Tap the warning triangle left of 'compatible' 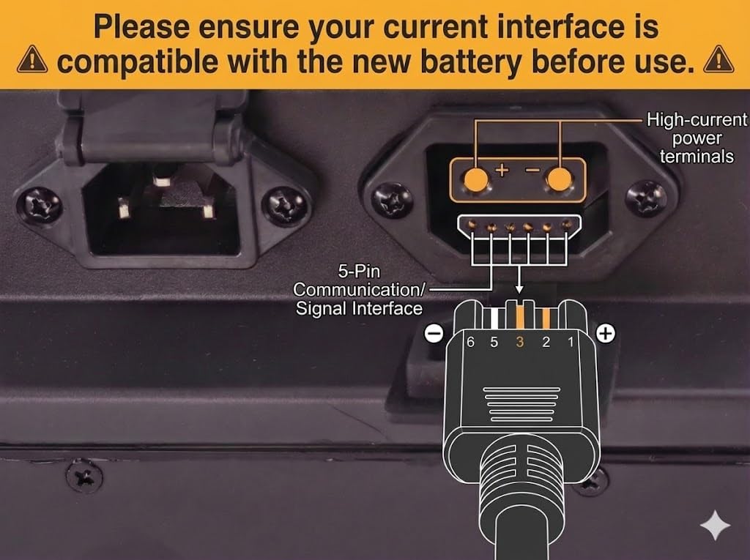click(x=32, y=59)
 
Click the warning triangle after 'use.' click(x=719, y=59)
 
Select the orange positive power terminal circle click(x=476, y=180)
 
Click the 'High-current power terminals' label click(x=697, y=138)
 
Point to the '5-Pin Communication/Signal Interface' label click(x=359, y=291)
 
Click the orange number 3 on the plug click(x=520, y=342)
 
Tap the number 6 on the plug click(x=471, y=342)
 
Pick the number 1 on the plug click(x=570, y=342)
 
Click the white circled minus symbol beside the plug click(x=434, y=333)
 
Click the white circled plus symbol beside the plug click(x=606, y=333)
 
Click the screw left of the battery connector click(x=393, y=199)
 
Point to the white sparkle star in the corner click(x=715, y=525)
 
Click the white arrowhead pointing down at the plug click(x=519, y=289)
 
